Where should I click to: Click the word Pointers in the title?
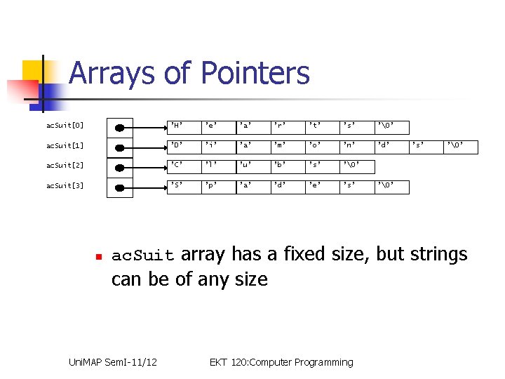tap(255, 73)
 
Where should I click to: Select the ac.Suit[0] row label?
tap(65, 126)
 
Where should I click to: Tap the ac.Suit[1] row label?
tap(65, 146)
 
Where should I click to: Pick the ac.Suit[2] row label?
tap(65, 166)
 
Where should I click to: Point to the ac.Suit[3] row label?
tap(65, 186)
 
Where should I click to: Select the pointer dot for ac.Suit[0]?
tap(120, 127)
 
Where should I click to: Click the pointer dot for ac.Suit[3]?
tap(120, 187)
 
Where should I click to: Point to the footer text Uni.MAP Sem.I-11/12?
tap(112, 362)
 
